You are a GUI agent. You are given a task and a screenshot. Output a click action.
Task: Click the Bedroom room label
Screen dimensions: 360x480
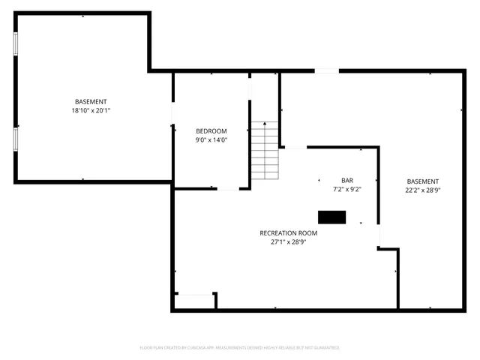[x=211, y=131]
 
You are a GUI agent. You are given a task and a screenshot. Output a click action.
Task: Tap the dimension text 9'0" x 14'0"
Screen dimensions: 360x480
[x=211, y=139]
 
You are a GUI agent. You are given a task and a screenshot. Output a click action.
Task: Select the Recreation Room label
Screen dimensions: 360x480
[x=289, y=233]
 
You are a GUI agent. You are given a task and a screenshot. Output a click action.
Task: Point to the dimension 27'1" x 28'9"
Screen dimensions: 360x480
[x=289, y=242]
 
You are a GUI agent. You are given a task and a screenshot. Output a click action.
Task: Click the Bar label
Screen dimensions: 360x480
[x=347, y=181]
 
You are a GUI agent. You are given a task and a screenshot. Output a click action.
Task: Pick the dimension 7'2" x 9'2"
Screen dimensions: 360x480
[x=347, y=189]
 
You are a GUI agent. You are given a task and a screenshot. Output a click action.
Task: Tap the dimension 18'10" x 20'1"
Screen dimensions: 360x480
[x=91, y=110]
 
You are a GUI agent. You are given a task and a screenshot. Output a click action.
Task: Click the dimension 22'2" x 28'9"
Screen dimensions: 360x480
[x=423, y=190]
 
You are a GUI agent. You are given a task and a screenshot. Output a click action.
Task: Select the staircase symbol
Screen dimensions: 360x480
[x=265, y=151]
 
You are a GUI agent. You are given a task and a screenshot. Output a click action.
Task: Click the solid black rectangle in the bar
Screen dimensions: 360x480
[x=332, y=217]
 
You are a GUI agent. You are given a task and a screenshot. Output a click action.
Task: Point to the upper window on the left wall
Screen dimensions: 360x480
[x=15, y=42]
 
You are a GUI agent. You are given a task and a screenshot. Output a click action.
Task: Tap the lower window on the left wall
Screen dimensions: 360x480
[x=15, y=139]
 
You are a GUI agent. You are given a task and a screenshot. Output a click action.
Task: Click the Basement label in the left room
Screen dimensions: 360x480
[x=91, y=102]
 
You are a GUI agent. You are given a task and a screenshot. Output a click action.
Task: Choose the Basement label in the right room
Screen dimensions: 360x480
[x=423, y=181]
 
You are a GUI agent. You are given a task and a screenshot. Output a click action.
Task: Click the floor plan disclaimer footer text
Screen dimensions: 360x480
[x=240, y=348]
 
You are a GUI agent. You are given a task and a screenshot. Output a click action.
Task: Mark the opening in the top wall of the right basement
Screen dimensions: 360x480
[x=326, y=71]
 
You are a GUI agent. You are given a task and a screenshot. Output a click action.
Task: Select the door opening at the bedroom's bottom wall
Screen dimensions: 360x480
[x=228, y=188]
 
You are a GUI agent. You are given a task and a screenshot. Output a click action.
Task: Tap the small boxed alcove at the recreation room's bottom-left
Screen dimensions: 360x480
[x=194, y=301]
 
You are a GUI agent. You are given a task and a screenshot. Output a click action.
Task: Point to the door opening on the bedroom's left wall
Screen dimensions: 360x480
[x=173, y=113]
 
